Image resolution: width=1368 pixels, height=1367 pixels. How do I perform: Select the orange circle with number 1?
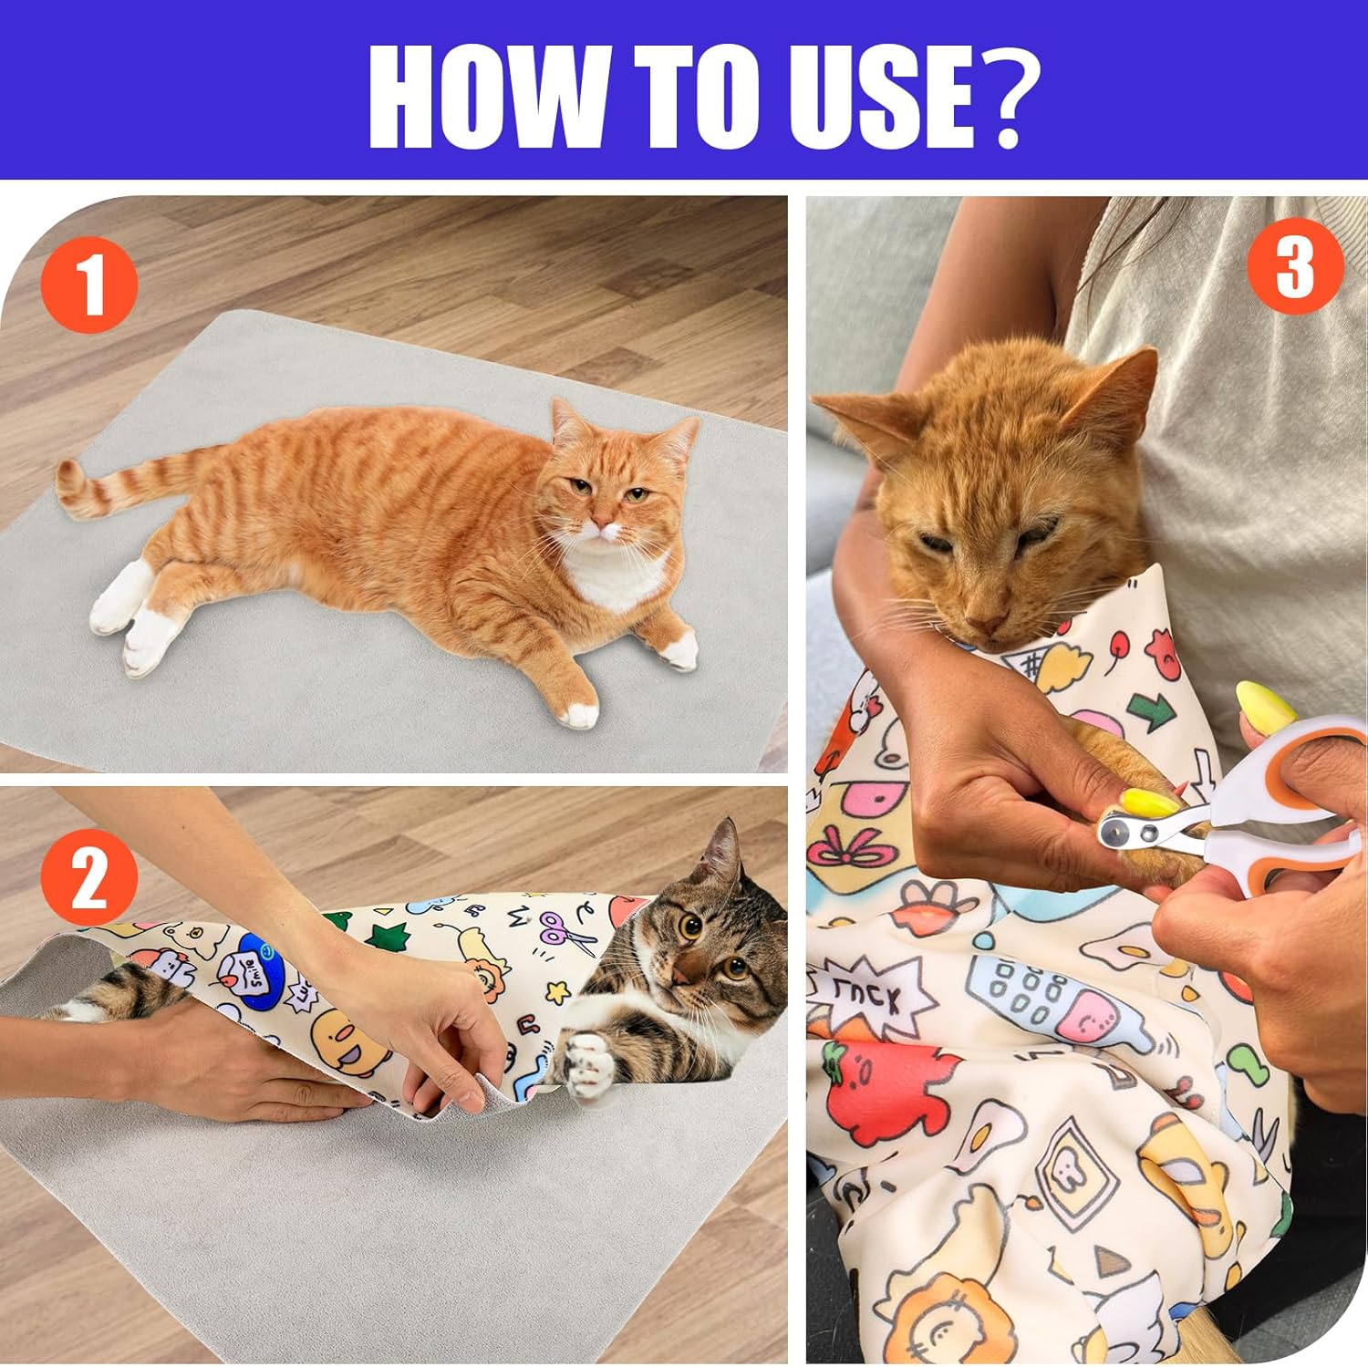click(89, 285)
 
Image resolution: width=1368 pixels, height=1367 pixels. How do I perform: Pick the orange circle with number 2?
click(89, 876)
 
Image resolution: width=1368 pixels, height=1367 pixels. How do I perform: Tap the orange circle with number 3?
click(1294, 265)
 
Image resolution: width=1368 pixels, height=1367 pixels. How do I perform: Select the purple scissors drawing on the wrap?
click(558, 930)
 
